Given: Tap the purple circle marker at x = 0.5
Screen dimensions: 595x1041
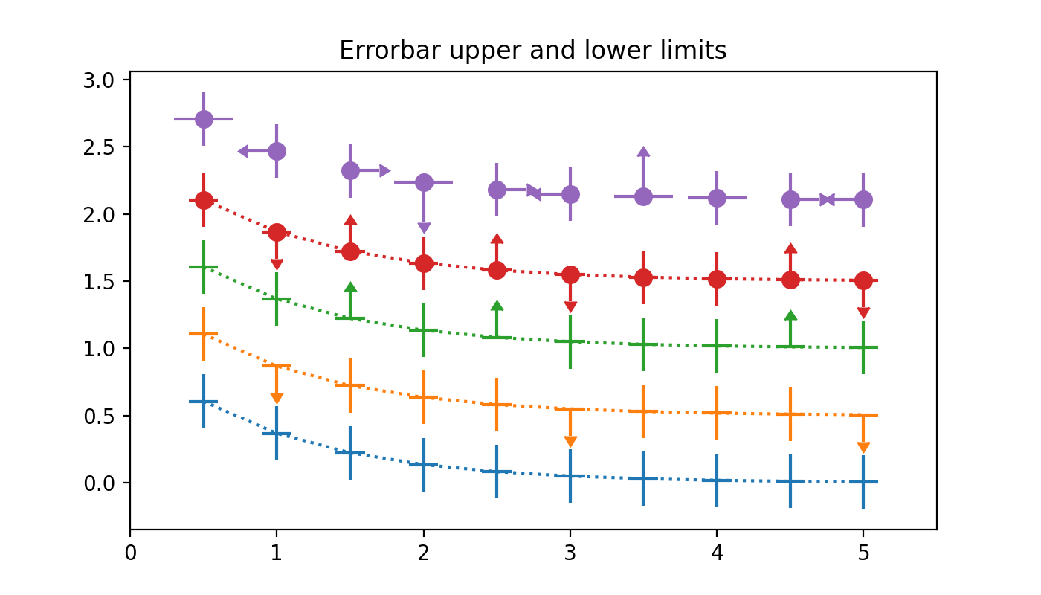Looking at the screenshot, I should point(204,119).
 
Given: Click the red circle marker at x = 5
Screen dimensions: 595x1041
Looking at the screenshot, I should point(863,280).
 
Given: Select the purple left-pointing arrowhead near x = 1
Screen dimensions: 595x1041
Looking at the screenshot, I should point(243,152).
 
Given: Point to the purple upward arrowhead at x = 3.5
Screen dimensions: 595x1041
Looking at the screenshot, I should point(644,152).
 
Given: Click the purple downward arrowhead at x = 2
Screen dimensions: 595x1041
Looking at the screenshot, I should point(424,228).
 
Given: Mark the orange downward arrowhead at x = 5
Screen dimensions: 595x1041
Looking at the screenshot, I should point(863,447).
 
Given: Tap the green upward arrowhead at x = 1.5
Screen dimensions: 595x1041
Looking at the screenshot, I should point(350,287).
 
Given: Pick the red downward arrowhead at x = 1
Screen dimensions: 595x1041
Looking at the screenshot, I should point(277,264).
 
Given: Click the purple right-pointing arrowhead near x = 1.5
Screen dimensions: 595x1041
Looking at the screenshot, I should point(384,171).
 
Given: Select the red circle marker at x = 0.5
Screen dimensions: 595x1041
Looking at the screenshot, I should point(204,200).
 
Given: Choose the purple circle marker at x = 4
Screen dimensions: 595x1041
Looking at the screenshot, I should point(717,198).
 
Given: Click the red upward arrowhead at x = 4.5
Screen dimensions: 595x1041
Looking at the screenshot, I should point(790,248).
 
